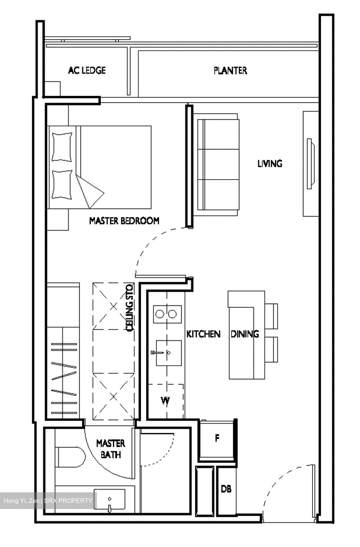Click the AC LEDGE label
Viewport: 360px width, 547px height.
click(x=87, y=70)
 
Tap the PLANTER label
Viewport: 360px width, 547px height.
click(x=230, y=70)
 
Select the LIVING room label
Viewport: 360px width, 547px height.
click(x=270, y=164)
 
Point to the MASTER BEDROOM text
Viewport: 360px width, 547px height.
click(x=124, y=221)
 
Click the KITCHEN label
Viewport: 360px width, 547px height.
click(x=203, y=334)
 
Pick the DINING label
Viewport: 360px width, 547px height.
click(x=245, y=334)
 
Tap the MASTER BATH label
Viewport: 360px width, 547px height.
click(x=111, y=449)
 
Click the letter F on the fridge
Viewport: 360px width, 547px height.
click(x=217, y=438)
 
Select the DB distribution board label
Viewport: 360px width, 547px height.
click(x=226, y=489)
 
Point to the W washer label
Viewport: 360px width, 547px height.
click(x=165, y=400)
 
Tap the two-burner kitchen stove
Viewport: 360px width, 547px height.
click(x=166, y=314)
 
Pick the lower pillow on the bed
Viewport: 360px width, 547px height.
click(x=62, y=184)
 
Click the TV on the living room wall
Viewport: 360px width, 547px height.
click(x=311, y=164)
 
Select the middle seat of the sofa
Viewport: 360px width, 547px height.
click(x=218, y=164)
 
